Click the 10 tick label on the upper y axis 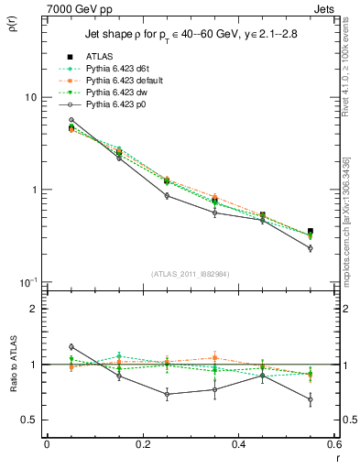click(30, 97)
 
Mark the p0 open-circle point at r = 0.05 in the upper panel click(71, 120)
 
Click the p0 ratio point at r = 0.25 click(167, 395)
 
